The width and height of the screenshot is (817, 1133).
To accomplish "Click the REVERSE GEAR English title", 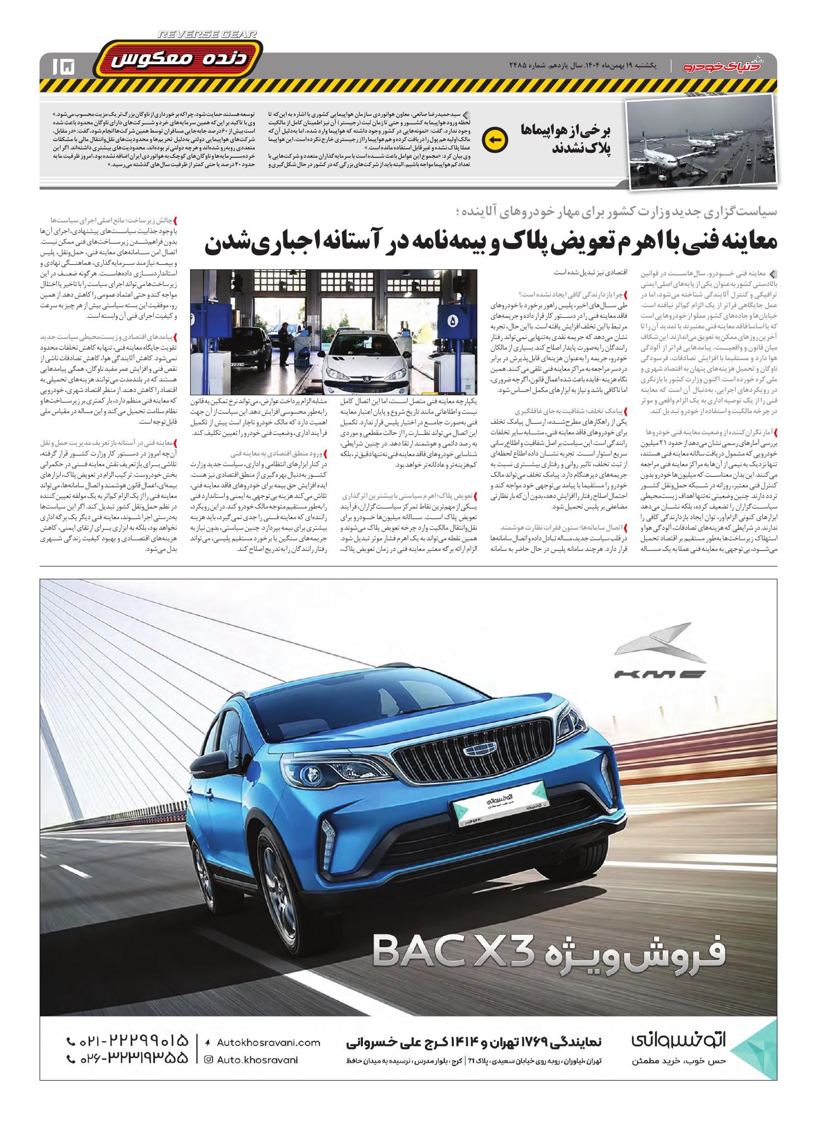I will point(207,35).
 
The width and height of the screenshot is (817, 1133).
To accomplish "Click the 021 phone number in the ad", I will point(128,1040).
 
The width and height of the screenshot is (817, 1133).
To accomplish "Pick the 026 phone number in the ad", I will point(128,1060).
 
